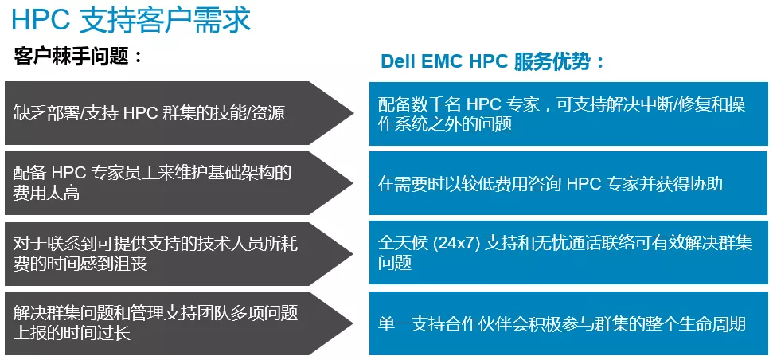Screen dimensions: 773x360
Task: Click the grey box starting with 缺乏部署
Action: (x=178, y=113)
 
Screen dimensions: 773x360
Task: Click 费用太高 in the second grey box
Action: (x=46, y=193)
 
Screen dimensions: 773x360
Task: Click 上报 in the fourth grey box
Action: (x=29, y=334)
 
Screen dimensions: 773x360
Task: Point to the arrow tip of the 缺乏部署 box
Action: (x=353, y=113)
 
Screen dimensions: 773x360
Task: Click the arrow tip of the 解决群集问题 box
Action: (x=353, y=323)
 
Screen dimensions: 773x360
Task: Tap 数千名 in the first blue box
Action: (x=435, y=105)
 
